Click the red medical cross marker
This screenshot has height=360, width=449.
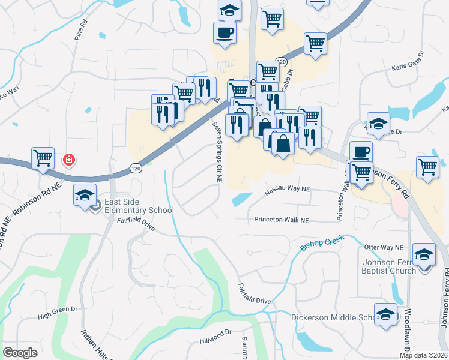69,160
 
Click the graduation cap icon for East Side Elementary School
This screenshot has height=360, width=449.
85,194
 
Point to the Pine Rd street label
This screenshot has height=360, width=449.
80,31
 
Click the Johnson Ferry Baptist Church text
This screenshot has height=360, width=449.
388,266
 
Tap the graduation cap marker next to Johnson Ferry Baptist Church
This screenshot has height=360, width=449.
424,254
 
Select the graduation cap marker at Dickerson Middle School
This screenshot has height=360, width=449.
385,314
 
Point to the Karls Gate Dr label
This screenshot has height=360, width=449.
408,70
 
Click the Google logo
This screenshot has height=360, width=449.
20,352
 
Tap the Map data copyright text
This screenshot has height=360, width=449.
423,355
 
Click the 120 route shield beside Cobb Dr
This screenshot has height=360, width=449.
281,61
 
